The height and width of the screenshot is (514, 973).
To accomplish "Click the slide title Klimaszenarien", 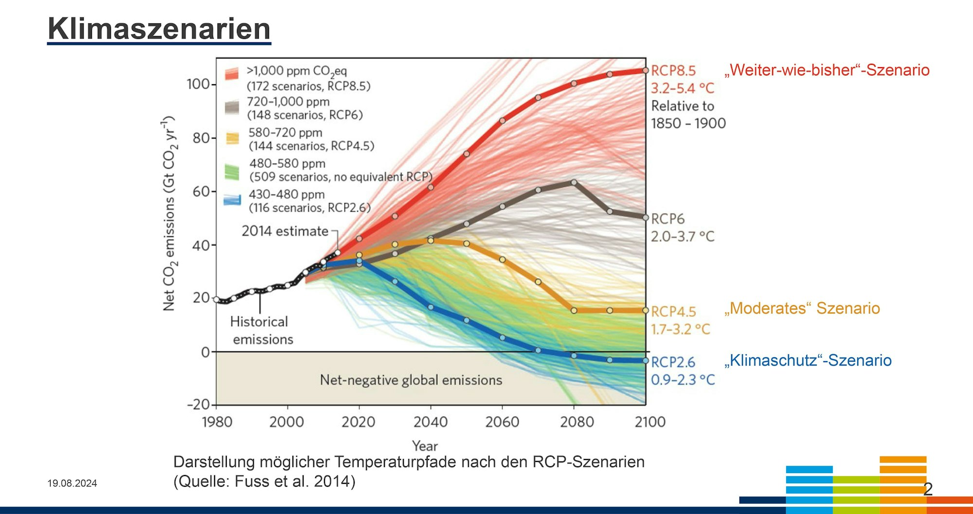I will tap(159, 29).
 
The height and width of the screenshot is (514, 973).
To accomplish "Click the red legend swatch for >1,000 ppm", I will tap(232, 74).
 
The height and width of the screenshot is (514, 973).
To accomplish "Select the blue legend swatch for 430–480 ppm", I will tap(232, 200).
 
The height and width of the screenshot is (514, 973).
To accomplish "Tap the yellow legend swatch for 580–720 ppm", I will tap(233, 139).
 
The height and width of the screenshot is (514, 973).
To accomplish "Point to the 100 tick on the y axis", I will tap(198, 84).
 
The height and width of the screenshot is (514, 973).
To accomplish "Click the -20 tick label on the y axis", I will tap(198, 404).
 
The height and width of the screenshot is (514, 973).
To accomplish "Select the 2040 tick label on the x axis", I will tap(431, 422).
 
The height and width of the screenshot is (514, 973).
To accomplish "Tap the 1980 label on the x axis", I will tap(217, 422).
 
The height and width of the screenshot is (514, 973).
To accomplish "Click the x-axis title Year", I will tap(425, 446).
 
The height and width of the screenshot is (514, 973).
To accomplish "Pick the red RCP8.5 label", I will tap(673, 71).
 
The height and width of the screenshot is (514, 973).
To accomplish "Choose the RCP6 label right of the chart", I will tap(667, 219).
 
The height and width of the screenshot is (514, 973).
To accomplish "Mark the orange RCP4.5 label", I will tap(673, 312).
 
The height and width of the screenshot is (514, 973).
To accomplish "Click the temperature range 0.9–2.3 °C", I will tap(683, 380).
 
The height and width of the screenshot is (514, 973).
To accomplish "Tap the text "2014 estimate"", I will tap(285, 231).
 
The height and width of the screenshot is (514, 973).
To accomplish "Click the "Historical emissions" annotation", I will tap(262, 330).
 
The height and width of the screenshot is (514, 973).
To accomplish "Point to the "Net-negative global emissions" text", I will tap(411, 380).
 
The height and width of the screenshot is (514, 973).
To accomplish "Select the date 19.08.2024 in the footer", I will tap(72, 483).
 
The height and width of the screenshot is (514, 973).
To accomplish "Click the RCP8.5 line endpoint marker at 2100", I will tap(646, 71).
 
